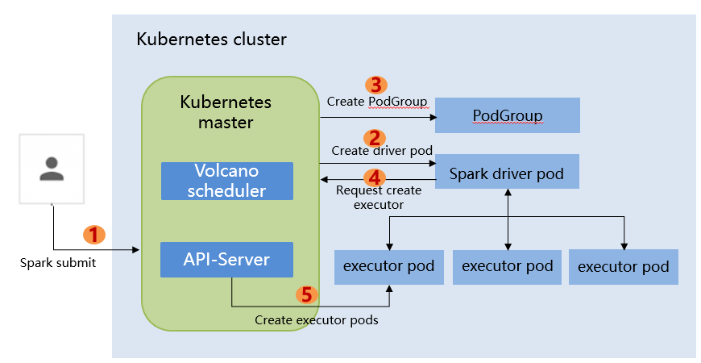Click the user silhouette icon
52,168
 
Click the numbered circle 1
95,234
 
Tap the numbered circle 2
375,138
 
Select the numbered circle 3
375,85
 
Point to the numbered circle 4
375,177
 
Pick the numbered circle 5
305,294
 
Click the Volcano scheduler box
226,181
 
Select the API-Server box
226,260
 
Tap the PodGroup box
507,115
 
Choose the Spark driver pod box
507,172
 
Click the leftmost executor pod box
388,267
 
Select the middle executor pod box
507,267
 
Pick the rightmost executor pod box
623,267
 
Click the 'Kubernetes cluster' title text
211,39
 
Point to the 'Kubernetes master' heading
226,112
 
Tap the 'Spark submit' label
58,262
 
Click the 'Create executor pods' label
317,320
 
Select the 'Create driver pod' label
382,151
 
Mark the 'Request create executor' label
378,198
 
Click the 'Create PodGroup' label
377,101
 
